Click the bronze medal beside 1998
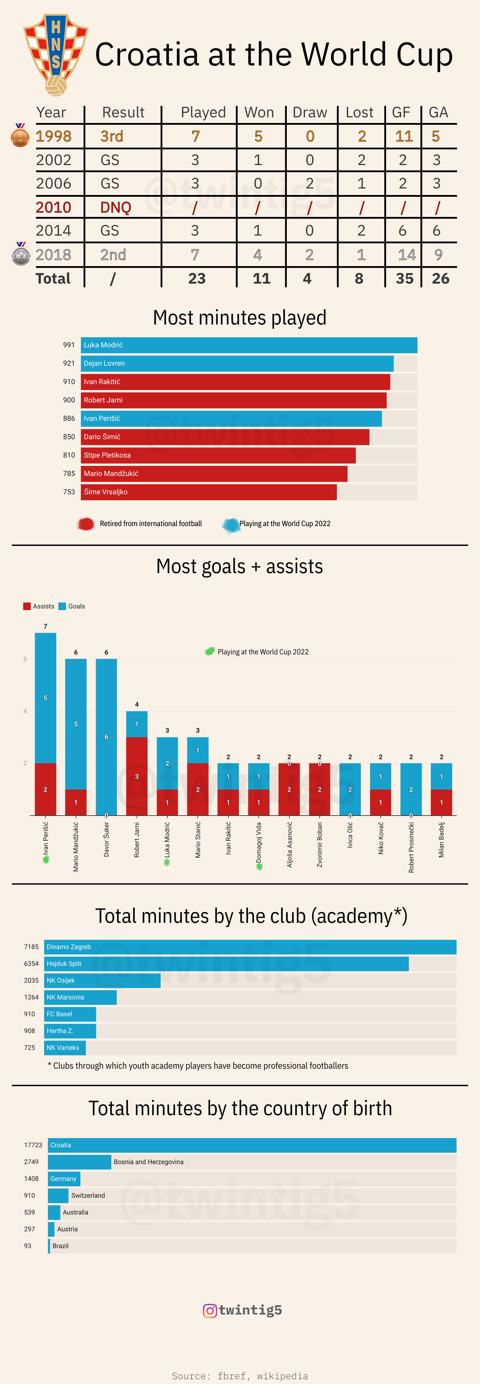(20, 136)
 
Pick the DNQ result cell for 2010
(116, 207)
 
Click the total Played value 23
(196, 278)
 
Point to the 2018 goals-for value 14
(407, 255)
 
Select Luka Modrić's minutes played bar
(249, 345)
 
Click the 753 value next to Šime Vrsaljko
(69, 492)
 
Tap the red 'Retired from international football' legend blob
(85, 524)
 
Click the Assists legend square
(27, 606)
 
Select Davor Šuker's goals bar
(106, 736)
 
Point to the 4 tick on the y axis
(25, 711)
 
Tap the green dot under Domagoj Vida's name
(259, 866)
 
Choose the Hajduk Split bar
(226, 963)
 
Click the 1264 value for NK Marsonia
(31, 997)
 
